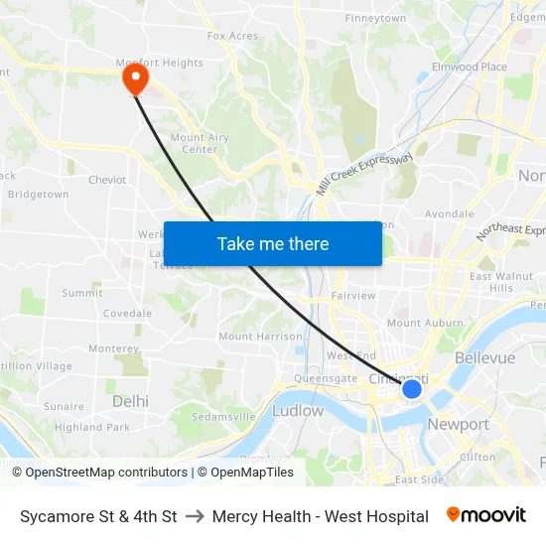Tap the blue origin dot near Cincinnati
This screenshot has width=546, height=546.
(412, 389)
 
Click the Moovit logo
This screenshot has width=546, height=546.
(485, 515)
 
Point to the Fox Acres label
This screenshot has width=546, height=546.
(232, 36)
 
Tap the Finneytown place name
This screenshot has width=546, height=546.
(375, 18)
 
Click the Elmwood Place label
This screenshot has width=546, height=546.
(474, 67)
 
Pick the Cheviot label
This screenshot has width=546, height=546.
(107, 180)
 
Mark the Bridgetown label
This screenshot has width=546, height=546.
(38, 195)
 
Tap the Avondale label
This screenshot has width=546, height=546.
(449, 213)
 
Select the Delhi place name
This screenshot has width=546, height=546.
(130, 401)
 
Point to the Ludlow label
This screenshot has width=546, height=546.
(298, 410)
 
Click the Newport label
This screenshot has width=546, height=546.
(458, 424)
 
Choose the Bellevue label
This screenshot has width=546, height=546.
(484, 357)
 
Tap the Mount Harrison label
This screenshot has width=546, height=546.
(260, 337)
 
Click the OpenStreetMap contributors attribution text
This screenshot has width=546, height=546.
(106, 473)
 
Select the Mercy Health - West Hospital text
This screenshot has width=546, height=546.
(320, 516)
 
